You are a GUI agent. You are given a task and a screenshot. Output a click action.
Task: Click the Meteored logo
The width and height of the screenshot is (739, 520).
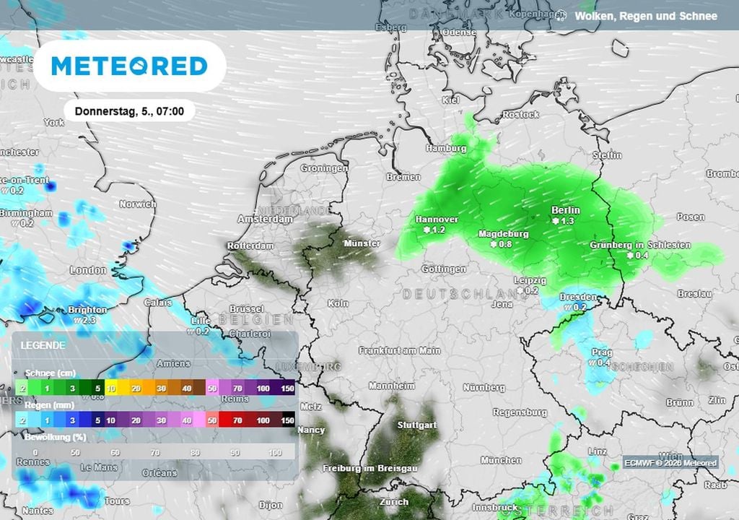(x=130, y=66)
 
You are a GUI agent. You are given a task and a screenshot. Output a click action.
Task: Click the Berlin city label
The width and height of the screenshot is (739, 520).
(x=565, y=210)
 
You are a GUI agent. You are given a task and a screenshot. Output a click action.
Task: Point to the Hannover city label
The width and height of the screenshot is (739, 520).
(x=437, y=220)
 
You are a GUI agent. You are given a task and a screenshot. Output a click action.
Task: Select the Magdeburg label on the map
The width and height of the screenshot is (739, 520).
(x=504, y=234)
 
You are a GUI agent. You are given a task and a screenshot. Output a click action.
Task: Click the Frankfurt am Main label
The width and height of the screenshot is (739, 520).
(x=400, y=350)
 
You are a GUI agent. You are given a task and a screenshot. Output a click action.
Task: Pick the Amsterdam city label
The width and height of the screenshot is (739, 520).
(x=266, y=219)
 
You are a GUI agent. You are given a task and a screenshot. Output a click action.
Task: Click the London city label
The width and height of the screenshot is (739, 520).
(x=88, y=270)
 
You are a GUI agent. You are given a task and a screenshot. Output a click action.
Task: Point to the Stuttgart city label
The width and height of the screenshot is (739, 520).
(x=416, y=425)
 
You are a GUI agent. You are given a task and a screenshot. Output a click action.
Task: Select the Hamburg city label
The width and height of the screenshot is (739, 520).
(x=446, y=148)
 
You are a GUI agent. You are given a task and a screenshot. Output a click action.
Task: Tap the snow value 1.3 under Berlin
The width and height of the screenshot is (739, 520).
(x=567, y=220)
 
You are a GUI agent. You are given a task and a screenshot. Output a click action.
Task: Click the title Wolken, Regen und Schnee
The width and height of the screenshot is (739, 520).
(x=646, y=16)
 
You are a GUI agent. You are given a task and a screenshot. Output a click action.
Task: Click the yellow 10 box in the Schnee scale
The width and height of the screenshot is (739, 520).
(x=112, y=389)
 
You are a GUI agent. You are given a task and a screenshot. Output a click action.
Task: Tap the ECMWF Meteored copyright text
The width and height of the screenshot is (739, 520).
(x=670, y=463)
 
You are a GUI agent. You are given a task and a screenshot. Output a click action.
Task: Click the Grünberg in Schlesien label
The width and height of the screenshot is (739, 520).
(x=640, y=245)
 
